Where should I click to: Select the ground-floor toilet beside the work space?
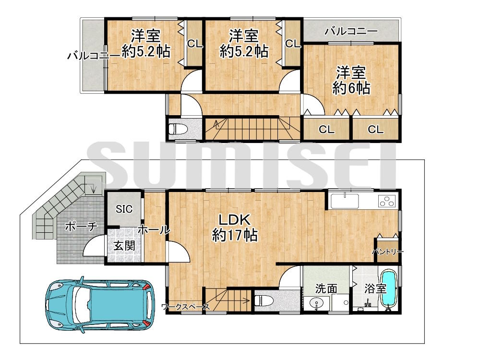[x=264, y=301]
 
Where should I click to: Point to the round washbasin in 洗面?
[x=316, y=303]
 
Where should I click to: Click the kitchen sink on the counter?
[x=345, y=200]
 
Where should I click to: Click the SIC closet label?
[x=123, y=209]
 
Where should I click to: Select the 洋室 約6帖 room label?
[x=351, y=80]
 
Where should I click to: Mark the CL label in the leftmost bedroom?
[x=194, y=44]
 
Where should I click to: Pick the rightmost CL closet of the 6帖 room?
[x=376, y=129]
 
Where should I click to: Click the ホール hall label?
[x=154, y=230]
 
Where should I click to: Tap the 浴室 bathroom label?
[x=375, y=288]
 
